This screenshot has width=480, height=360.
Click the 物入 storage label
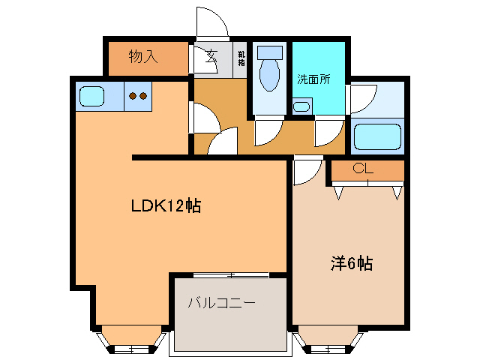point(142,57)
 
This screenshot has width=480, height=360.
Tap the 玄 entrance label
point(212,55)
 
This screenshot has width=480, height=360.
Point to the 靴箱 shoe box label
point(241,58)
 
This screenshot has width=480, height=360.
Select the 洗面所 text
point(313,79)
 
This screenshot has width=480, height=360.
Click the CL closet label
point(363,169)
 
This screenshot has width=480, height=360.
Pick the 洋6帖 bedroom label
point(352,263)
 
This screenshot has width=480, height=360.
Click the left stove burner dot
point(133,95)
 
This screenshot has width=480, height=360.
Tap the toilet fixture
point(269,70)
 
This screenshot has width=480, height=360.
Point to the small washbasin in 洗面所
point(301,106)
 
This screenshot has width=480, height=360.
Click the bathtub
point(377,136)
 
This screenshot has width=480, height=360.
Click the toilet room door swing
point(265,132)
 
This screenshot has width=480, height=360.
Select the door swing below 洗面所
point(325,133)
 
